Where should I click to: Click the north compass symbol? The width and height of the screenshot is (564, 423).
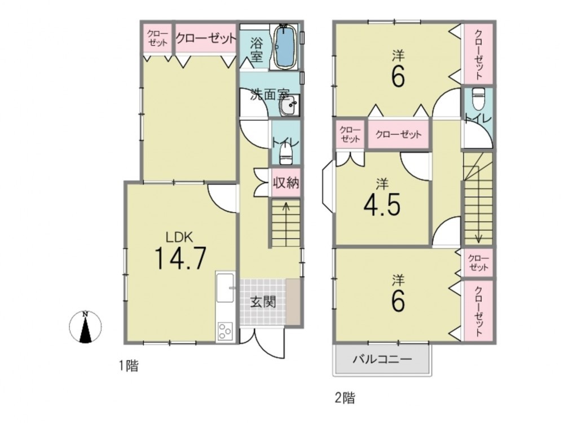[x=85, y=327]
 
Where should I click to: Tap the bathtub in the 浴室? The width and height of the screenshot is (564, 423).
[x=286, y=47]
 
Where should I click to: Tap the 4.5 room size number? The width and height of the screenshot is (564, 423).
[x=382, y=205]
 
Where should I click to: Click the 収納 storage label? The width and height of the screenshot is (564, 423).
[x=286, y=183]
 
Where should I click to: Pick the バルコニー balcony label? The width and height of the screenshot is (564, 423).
[x=382, y=359]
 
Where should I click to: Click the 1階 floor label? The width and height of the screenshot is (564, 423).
[x=129, y=366]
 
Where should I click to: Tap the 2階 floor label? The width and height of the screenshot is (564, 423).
[x=345, y=398]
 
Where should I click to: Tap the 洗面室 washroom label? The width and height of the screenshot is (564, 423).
[x=270, y=95]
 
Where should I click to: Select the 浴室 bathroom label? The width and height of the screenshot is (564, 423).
[x=257, y=50]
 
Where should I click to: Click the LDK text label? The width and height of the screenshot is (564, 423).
[x=179, y=237]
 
